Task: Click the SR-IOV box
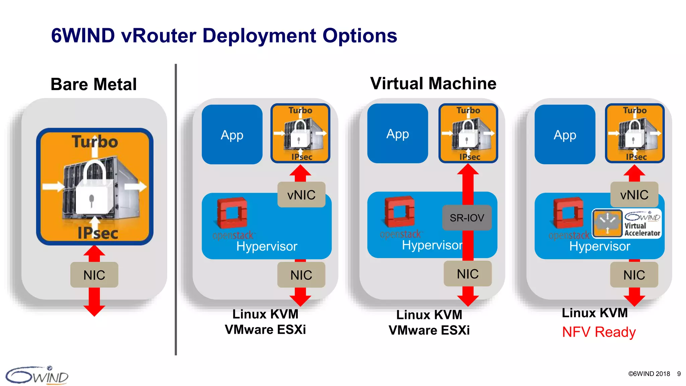[467, 218]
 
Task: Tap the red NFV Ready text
[599, 332]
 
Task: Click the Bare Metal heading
[93, 84]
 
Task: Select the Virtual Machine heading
[433, 83]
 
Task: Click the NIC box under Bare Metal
[94, 275]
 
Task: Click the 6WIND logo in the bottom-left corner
[37, 375]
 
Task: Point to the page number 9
[679, 374]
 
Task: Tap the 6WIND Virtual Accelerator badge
[627, 223]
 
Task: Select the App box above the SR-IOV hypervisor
[398, 134]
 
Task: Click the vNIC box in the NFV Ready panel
[634, 195]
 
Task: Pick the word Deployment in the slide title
[259, 36]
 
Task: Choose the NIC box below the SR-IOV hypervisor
[468, 274]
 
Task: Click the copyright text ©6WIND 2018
[649, 374]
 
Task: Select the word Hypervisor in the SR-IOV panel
[432, 245]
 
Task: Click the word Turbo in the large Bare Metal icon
[95, 142]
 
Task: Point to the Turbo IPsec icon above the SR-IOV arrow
[468, 133]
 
